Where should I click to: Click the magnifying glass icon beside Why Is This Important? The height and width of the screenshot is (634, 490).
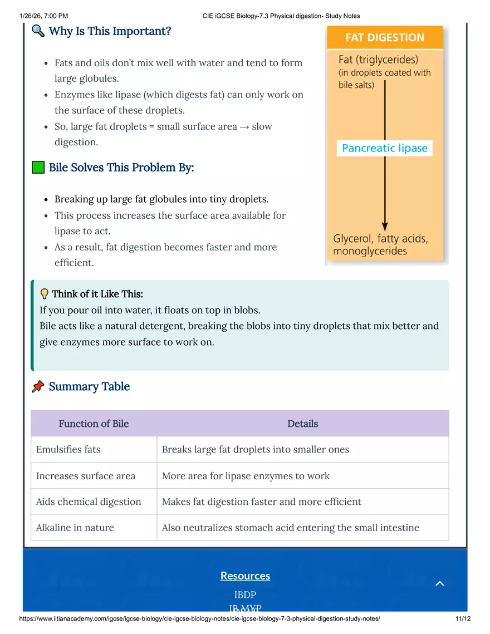click(38, 31)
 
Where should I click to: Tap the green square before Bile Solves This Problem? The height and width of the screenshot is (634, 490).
click(38, 167)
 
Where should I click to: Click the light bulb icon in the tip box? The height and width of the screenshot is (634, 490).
click(45, 294)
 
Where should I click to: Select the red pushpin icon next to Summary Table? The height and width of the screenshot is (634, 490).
click(38, 386)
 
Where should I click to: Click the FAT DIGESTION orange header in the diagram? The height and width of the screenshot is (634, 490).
click(385, 38)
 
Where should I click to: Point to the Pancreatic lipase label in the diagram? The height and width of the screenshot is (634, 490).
click(385, 148)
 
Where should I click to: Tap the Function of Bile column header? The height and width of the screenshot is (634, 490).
click(94, 424)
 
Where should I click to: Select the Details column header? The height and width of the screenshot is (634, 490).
click(302, 424)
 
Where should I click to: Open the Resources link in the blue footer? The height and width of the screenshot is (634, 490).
click(245, 576)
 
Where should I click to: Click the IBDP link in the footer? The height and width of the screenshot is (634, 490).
click(245, 594)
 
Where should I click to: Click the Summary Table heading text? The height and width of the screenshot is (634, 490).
click(89, 386)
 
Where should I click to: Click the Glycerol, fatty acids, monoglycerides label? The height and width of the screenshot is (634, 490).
click(380, 245)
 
